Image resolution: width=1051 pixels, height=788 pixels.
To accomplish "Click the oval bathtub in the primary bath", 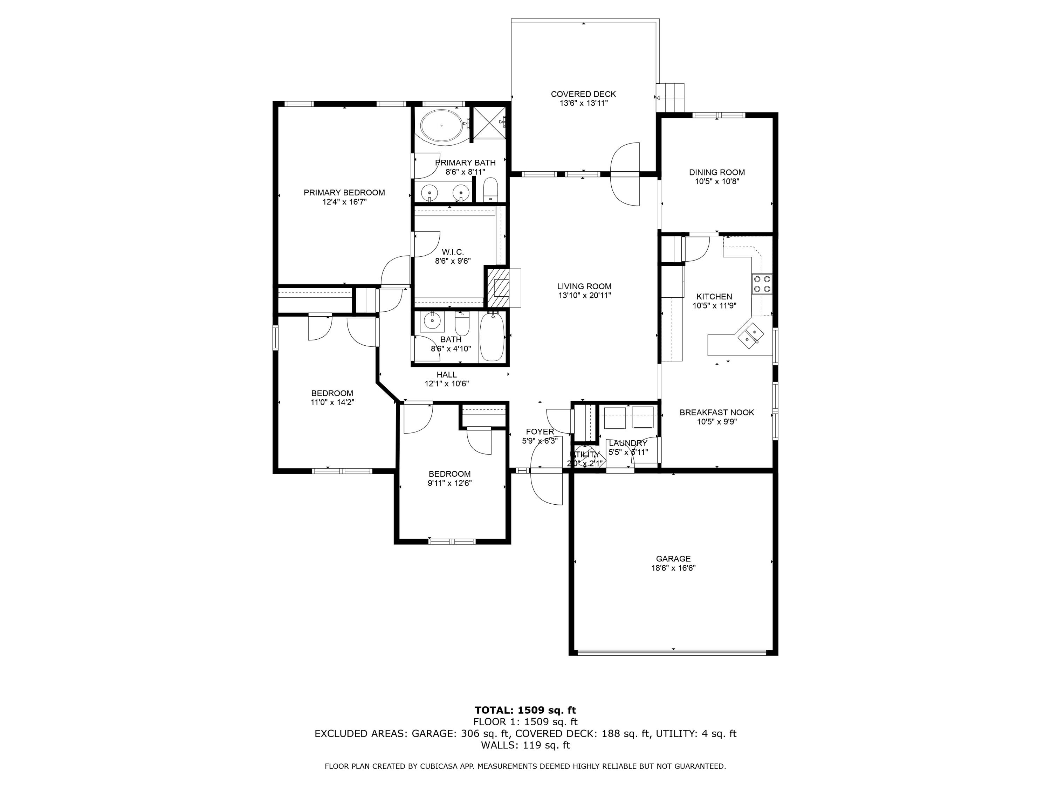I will tap(441, 126).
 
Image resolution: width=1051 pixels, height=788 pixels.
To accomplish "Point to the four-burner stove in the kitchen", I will tap(762, 284).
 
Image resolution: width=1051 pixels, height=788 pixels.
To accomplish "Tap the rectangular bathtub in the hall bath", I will tap(492, 337).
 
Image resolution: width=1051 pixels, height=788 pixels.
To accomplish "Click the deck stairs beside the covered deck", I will tap(671, 97).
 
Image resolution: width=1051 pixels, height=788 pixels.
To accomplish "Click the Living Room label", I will tap(584, 286).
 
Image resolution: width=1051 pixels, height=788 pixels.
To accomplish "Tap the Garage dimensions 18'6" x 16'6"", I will tap(673, 568).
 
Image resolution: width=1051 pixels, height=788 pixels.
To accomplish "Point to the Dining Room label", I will tap(716, 172).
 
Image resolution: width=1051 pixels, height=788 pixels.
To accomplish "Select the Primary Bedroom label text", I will tap(344, 192).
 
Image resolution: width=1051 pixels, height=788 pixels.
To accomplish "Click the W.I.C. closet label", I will tap(452, 252).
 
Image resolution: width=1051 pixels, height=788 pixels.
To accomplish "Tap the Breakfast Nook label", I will tap(716, 412).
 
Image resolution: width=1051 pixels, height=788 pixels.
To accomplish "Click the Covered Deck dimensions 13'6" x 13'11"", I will tap(583, 103).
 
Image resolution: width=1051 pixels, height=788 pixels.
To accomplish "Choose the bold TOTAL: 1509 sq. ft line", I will tap(525, 710).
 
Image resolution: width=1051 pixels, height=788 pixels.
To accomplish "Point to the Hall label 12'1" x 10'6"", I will tap(447, 379).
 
